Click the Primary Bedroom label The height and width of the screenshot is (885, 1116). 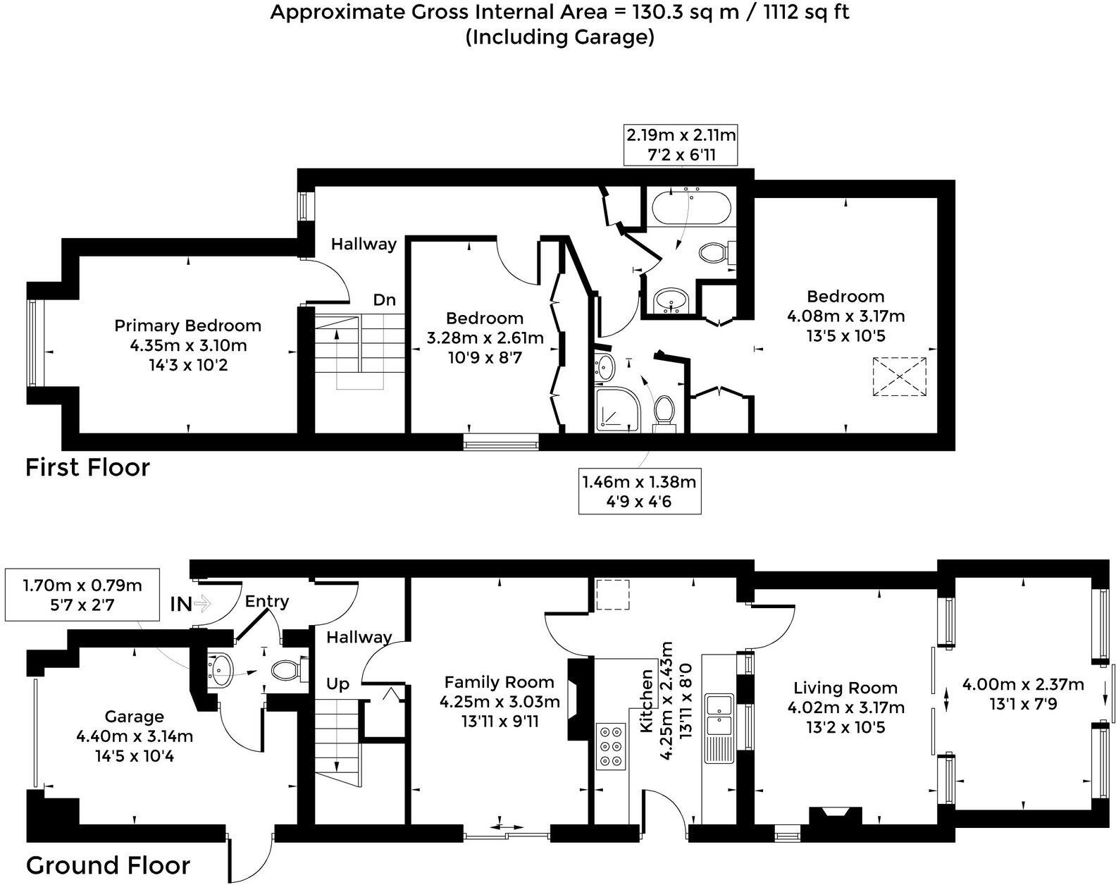click(x=187, y=326)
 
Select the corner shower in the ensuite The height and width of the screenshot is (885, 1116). click(x=618, y=411)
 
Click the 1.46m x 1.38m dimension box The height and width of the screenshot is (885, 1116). click(x=639, y=491)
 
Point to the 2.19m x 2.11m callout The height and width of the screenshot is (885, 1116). click(x=681, y=144)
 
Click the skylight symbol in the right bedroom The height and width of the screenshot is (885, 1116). click(x=900, y=377)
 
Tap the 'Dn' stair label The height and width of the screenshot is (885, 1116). click(x=384, y=300)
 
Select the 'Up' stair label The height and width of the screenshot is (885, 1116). click(x=337, y=684)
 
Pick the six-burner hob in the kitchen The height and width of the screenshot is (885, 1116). click(x=610, y=746)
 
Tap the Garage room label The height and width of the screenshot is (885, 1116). click(x=134, y=717)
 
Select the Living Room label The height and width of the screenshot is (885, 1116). click(x=845, y=688)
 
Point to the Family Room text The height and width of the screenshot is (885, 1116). click(x=499, y=682)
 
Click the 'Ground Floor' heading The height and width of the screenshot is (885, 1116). click(x=108, y=865)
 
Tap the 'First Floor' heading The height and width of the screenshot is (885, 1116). click(x=87, y=467)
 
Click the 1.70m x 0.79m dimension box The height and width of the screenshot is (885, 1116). click(x=82, y=595)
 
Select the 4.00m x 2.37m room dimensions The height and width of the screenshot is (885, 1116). click(x=1023, y=694)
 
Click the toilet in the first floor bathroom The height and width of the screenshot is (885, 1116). click(x=714, y=252)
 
